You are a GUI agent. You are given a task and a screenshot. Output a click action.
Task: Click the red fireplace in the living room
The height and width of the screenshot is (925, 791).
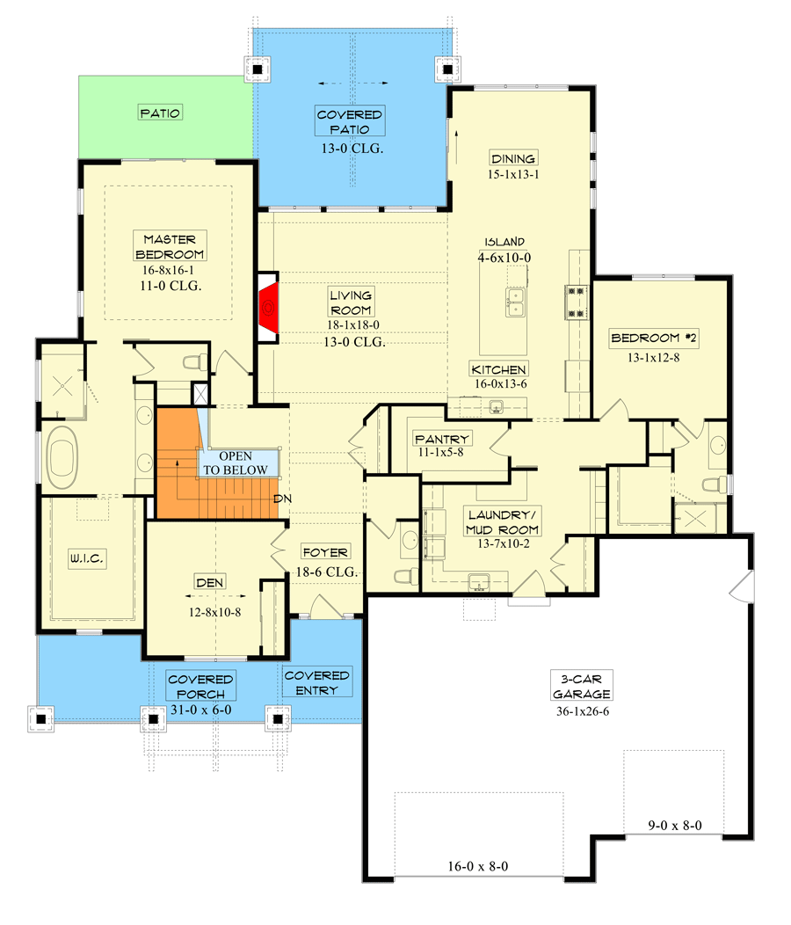270,309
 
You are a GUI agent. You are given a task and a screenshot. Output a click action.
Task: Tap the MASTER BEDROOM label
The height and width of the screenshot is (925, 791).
171,246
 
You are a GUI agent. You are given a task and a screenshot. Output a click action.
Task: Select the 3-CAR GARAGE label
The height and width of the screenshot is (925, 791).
582,685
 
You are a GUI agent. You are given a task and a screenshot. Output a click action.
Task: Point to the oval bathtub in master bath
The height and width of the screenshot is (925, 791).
62,457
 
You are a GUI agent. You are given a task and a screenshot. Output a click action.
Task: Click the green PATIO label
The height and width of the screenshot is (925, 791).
160,113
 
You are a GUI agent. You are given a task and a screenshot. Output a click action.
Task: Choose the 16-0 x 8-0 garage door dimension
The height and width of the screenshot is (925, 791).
478,866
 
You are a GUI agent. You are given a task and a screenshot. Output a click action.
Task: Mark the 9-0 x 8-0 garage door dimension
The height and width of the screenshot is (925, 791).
675,826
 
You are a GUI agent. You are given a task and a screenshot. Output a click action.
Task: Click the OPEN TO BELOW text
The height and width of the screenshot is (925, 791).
236,462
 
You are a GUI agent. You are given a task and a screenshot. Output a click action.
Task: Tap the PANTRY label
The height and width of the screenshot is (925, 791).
445,439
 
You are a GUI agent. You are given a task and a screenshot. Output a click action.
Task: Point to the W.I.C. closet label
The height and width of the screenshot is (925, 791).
87,557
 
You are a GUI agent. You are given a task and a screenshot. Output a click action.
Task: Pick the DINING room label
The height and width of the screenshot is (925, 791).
514,158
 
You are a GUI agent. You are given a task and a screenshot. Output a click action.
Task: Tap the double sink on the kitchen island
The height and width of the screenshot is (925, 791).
513,302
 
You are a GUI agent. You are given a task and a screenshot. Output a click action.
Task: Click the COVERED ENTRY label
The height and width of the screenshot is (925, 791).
316,682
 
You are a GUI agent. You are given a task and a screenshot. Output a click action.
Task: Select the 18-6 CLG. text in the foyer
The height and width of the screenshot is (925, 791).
325,572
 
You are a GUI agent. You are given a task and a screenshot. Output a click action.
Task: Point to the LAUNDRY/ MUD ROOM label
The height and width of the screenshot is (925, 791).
504,521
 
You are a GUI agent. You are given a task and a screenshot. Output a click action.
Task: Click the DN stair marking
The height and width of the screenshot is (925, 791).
281,498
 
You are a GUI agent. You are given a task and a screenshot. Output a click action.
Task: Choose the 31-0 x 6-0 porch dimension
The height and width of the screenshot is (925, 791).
201,710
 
